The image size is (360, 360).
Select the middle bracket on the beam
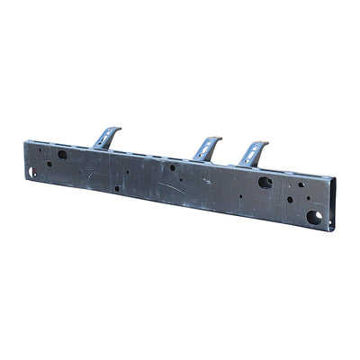tap(206, 148)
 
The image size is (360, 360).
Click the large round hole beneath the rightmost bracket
tap(265, 182)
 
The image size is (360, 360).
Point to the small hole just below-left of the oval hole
tap(49, 164)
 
